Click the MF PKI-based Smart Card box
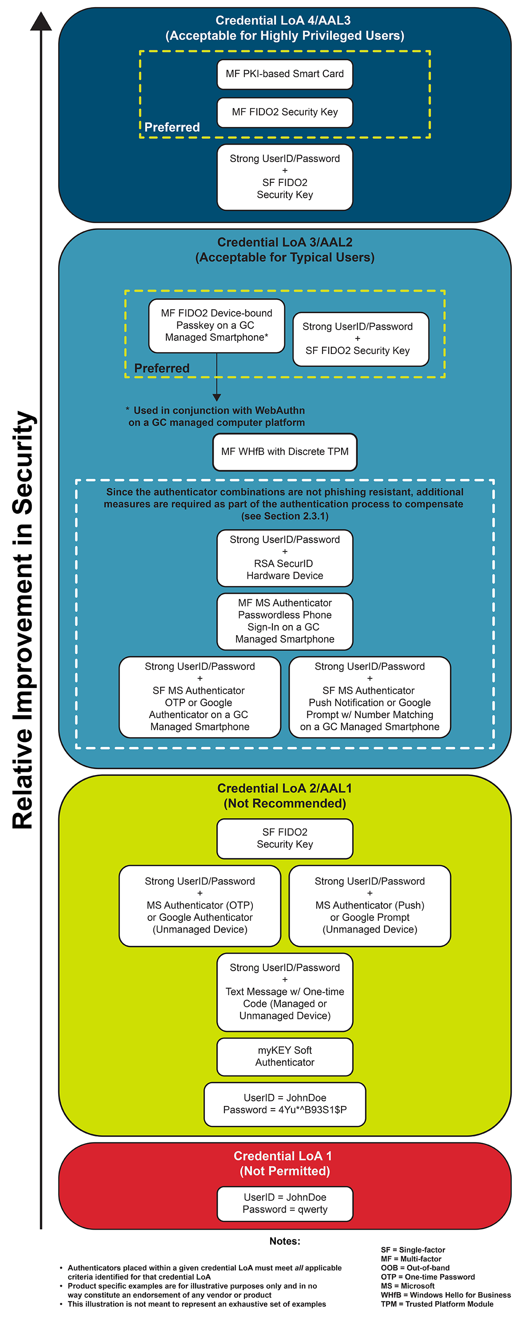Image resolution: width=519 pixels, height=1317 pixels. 285,74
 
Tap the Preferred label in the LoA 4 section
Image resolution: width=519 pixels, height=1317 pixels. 172,127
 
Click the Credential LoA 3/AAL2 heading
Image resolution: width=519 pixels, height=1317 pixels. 285,242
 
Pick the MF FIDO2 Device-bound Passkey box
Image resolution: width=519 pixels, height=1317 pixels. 216,326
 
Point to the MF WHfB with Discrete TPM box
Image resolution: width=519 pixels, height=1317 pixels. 285,452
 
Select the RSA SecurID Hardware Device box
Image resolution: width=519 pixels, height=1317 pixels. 285,558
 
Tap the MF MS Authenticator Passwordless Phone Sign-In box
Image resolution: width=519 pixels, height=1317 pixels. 285,621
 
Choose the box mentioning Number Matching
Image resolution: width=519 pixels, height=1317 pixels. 370,697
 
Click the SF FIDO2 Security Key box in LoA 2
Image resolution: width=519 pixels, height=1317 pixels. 285,838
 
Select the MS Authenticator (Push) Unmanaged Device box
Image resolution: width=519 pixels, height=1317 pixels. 370,905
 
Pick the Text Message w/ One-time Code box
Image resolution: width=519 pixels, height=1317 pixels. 285,992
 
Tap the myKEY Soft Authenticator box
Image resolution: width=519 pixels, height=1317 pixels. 285,1056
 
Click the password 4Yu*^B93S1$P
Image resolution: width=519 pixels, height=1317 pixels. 312,1110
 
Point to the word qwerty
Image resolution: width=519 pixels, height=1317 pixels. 312,1210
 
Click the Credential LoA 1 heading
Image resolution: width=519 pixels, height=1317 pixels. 283,1156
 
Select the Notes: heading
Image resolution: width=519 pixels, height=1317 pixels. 285,1241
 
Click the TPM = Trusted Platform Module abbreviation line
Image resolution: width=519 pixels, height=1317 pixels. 437,1304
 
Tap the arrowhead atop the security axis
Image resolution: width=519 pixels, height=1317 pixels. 41,21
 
